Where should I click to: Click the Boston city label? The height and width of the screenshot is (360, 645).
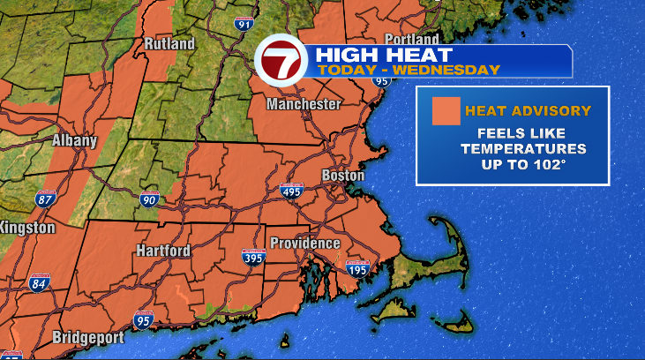[x=342, y=176]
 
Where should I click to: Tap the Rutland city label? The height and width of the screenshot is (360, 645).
[x=169, y=43]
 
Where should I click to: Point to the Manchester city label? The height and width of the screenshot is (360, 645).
[x=304, y=104]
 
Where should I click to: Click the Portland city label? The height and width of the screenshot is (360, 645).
[x=412, y=40]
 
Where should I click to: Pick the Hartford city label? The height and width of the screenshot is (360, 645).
[x=162, y=251]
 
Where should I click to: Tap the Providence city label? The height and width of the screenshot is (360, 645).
[x=304, y=243]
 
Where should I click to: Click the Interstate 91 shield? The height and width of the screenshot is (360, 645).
[x=244, y=23]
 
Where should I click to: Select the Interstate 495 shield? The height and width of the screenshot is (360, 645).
[x=291, y=190]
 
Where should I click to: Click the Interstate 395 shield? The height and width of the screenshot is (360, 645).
[x=253, y=257]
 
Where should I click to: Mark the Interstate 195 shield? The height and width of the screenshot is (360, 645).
[x=356, y=268]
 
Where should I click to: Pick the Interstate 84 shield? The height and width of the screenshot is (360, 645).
[x=39, y=283]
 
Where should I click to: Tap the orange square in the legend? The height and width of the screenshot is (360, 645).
[x=445, y=111]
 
